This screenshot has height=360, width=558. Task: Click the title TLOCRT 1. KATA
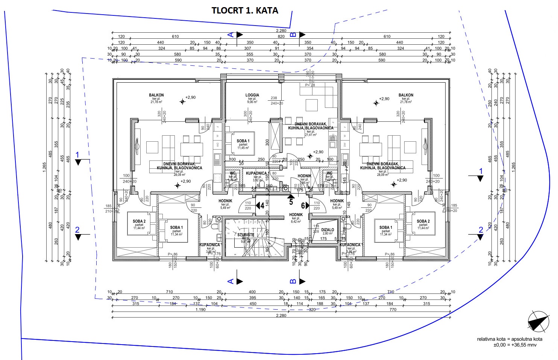[245, 11]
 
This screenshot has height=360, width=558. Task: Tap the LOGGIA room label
[252, 95]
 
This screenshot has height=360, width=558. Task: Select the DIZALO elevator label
[328, 230]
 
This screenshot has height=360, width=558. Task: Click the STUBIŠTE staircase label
[246, 235]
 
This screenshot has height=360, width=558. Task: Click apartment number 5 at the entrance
[291, 202]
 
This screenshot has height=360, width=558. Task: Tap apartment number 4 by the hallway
[262, 206]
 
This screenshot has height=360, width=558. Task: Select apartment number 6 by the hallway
[303, 206]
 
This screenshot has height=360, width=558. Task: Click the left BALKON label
[156, 95]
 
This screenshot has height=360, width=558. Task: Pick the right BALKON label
[406, 95]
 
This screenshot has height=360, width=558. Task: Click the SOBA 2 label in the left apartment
[139, 221]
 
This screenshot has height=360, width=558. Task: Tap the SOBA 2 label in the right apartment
[423, 221]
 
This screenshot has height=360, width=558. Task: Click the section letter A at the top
[231, 35]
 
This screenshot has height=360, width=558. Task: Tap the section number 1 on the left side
[77, 154]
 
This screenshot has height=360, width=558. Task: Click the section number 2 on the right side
[481, 230]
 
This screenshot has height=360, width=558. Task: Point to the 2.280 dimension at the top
[281, 31]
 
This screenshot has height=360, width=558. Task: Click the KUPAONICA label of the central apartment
[256, 173]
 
